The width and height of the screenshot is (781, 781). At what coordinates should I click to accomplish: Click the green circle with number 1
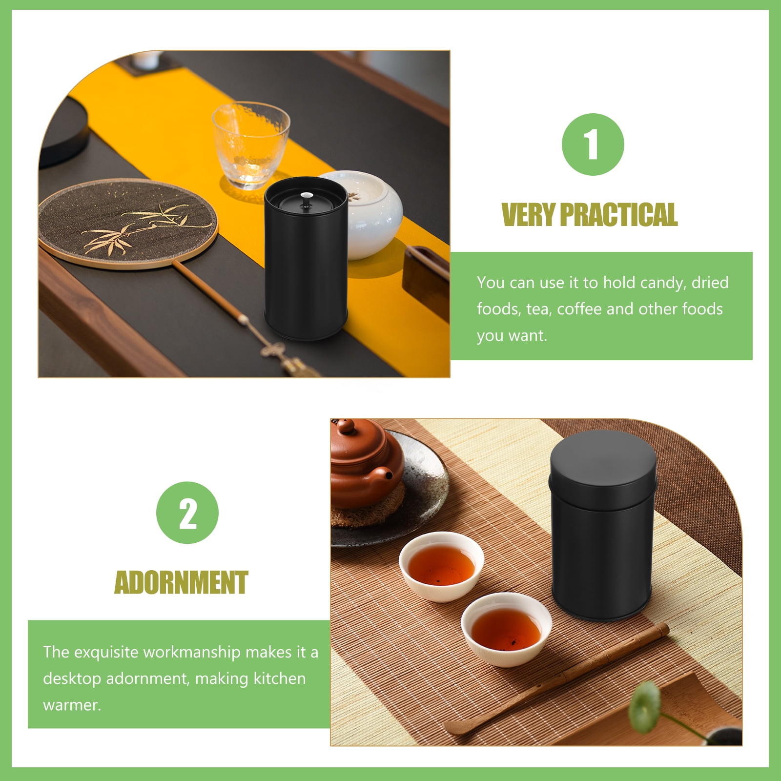[593, 144]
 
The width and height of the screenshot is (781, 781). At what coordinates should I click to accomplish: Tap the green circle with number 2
[187, 513]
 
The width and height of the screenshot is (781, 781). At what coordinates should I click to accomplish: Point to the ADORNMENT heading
[181, 582]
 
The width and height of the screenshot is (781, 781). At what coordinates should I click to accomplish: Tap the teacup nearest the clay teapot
[441, 566]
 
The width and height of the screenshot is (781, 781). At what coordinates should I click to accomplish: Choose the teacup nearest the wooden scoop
[506, 629]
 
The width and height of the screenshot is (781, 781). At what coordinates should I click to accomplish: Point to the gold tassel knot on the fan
[273, 350]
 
